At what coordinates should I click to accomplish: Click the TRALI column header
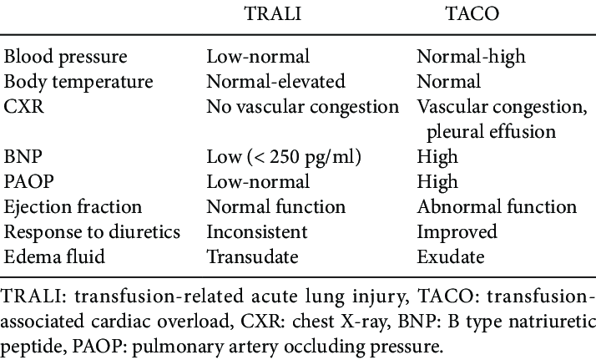click(273, 13)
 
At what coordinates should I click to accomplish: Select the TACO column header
click(472, 13)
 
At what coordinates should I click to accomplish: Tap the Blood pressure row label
click(65, 58)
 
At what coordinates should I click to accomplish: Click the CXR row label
click(23, 107)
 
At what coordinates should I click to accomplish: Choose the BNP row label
click(23, 157)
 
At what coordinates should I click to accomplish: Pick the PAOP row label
click(29, 182)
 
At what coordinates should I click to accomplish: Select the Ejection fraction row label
click(73, 207)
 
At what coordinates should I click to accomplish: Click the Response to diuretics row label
click(92, 233)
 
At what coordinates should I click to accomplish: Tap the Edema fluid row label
click(54, 257)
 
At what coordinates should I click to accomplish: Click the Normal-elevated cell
click(276, 82)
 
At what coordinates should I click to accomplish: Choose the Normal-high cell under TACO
click(472, 58)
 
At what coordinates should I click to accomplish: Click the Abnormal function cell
click(497, 207)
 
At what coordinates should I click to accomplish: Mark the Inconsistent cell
click(257, 232)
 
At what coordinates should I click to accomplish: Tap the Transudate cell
click(252, 257)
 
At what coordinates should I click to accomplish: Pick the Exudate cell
click(451, 257)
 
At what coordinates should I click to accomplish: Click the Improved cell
click(457, 233)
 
